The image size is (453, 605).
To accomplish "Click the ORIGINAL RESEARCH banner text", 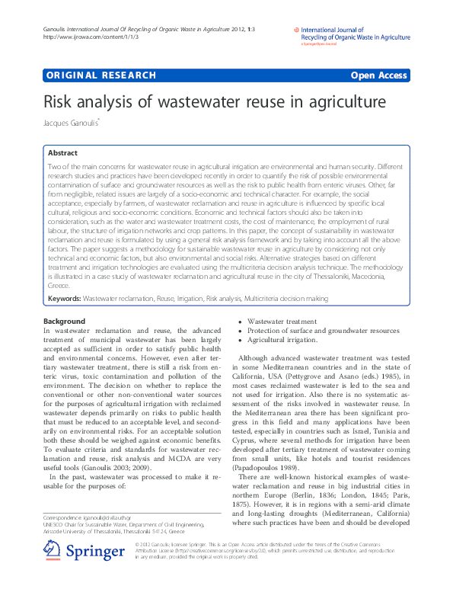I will click(101, 75).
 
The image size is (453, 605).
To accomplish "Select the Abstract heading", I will click(63, 153).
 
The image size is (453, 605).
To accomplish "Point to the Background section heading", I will click(65, 322).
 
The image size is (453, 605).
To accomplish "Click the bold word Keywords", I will click(64, 299).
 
